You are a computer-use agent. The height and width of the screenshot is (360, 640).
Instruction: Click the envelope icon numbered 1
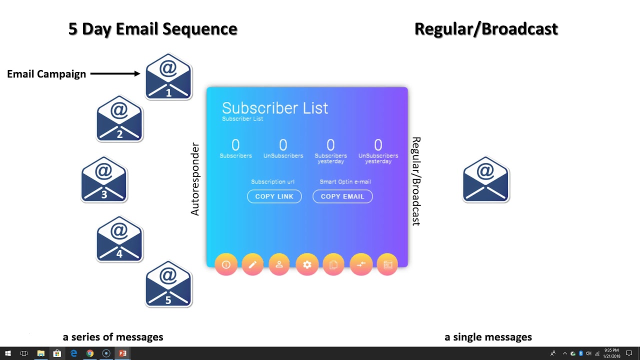(x=168, y=76)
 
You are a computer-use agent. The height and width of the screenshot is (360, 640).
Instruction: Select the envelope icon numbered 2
(x=119, y=119)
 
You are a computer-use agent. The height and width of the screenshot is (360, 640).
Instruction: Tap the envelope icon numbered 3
(x=104, y=180)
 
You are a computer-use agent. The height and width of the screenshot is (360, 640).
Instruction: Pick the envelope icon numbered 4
(x=119, y=239)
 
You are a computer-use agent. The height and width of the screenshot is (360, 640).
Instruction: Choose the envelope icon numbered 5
(x=168, y=284)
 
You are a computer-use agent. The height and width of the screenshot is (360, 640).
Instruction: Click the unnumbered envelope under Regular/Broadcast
(x=485, y=180)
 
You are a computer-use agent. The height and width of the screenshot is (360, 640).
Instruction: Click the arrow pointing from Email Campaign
(x=115, y=74)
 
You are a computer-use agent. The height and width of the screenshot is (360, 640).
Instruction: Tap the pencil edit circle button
(x=252, y=264)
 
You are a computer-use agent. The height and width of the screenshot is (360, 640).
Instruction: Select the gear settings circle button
(x=307, y=264)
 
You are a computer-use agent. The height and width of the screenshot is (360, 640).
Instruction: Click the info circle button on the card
(x=226, y=264)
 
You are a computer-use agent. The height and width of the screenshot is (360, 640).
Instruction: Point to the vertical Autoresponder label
(x=195, y=179)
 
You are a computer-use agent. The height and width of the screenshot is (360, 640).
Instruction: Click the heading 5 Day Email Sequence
(x=152, y=29)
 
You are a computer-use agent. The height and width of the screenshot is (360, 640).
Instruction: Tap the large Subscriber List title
(x=274, y=108)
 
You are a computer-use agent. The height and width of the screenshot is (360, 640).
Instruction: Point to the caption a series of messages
(x=113, y=337)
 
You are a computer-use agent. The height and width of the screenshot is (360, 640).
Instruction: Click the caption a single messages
(x=488, y=337)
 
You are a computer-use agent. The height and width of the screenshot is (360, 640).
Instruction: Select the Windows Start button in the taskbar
(x=8, y=353)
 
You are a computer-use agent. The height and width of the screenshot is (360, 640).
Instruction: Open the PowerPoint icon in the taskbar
(x=122, y=353)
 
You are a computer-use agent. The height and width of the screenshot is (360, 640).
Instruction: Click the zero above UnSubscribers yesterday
(x=378, y=145)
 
